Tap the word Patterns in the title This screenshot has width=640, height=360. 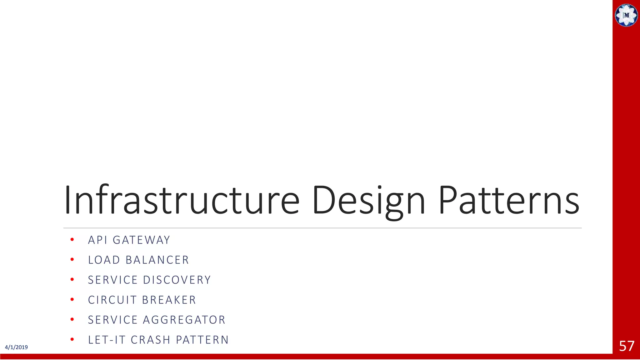[x=509, y=200]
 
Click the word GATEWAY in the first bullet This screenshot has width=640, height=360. [x=142, y=240]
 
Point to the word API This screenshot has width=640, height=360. [x=97, y=240]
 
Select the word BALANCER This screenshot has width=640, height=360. [x=157, y=260]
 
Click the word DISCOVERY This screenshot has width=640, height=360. [x=177, y=280]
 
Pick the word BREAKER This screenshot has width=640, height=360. [x=169, y=300]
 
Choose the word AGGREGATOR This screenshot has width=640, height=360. [x=184, y=320]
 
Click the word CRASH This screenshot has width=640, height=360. [x=151, y=340]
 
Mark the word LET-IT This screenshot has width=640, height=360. [x=107, y=340]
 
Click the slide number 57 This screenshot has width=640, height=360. [x=627, y=346]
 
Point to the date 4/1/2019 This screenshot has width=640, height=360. [x=16, y=347]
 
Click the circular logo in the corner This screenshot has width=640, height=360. [x=626, y=15]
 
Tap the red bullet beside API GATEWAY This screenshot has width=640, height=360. [x=72, y=240]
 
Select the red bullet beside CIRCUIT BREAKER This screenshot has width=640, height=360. [x=72, y=300]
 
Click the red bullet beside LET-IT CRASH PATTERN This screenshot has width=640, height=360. [x=72, y=339]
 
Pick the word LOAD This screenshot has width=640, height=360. [x=104, y=260]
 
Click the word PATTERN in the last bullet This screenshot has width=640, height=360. [x=202, y=340]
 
